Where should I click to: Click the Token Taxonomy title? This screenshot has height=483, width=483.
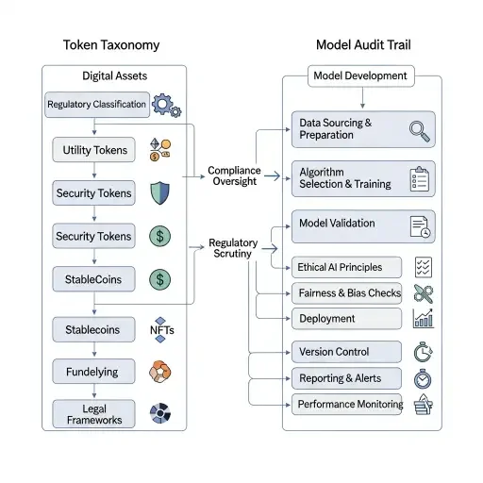coord(112,44)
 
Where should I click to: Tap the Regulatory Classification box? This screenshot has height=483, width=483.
coord(97,105)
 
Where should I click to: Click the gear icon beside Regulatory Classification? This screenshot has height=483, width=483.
coord(166,104)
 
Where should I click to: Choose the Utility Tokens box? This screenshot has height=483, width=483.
coord(95,149)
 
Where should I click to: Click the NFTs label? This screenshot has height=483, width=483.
coord(161,330)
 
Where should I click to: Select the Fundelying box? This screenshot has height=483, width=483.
coord(92,372)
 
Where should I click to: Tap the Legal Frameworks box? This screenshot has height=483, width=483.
coord(93,414)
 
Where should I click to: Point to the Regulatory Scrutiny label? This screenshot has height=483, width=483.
coord(233,249)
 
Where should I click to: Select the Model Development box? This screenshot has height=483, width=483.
coord(361,75)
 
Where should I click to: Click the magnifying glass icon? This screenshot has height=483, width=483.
coord(420,129)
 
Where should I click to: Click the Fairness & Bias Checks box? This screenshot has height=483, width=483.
coord(347,293)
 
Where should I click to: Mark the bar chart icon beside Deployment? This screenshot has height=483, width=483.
coord(423,318)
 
